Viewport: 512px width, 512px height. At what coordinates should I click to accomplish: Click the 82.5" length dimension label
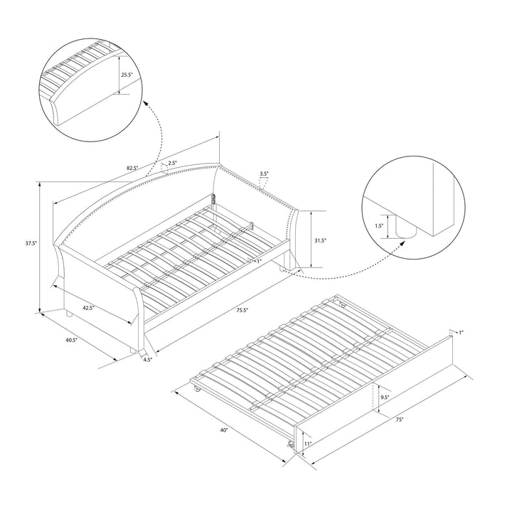click(x=132, y=169)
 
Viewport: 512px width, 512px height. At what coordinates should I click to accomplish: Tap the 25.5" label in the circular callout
click(x=127, y=74)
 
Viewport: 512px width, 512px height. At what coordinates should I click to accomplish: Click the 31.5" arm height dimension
click(x=319, y=241)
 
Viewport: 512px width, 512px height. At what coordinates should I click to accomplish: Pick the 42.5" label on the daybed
click(x=88, y=308)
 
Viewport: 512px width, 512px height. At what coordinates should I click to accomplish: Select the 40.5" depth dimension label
click(x=70, y=340)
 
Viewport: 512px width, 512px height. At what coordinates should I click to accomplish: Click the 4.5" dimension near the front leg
click(x=147, y=360)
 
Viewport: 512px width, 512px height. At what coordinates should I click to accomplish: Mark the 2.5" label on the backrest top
click(x=173, y=164)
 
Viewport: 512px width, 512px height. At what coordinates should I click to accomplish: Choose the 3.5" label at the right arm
click(x=264, y=174)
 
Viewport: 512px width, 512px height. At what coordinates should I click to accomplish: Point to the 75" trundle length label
click(x=400, y=420)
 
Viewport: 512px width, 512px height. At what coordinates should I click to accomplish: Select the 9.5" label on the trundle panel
click(x=383, y=398)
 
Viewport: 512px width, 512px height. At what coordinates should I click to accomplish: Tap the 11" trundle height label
click(x=307, y=444)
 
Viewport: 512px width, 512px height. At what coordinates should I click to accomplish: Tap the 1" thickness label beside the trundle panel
click(x=461, y=333)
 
